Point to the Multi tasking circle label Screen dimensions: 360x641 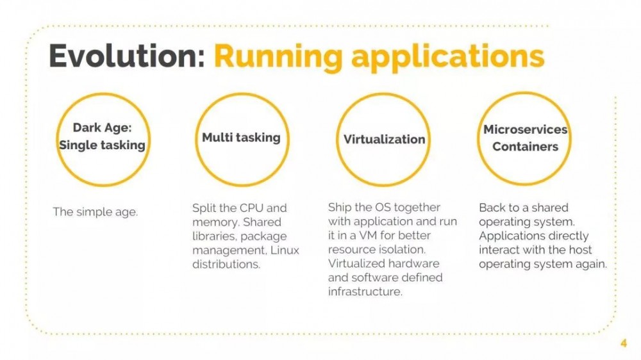pos(241,137)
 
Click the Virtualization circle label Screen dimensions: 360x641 pos(384,139)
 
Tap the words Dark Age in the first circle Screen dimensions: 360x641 pos(102,127)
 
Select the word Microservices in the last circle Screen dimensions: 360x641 pos(525,129)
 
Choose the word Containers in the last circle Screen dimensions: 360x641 pos(525,146)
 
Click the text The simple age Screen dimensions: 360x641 pos(95,212)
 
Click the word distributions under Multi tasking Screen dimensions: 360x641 pos(226,265)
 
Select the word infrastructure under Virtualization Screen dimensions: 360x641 pos(365,291)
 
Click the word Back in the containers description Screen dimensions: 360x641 pos(492,208)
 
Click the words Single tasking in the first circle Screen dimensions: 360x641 pos(102,145)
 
